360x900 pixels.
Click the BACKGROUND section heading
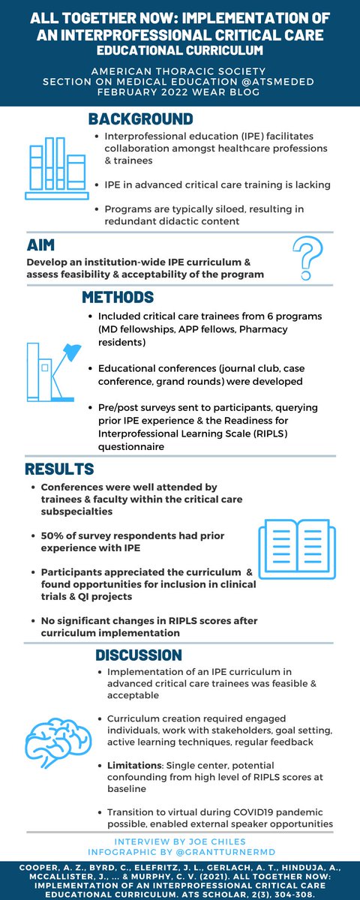[140, 119]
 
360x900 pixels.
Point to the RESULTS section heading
[59, 469]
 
